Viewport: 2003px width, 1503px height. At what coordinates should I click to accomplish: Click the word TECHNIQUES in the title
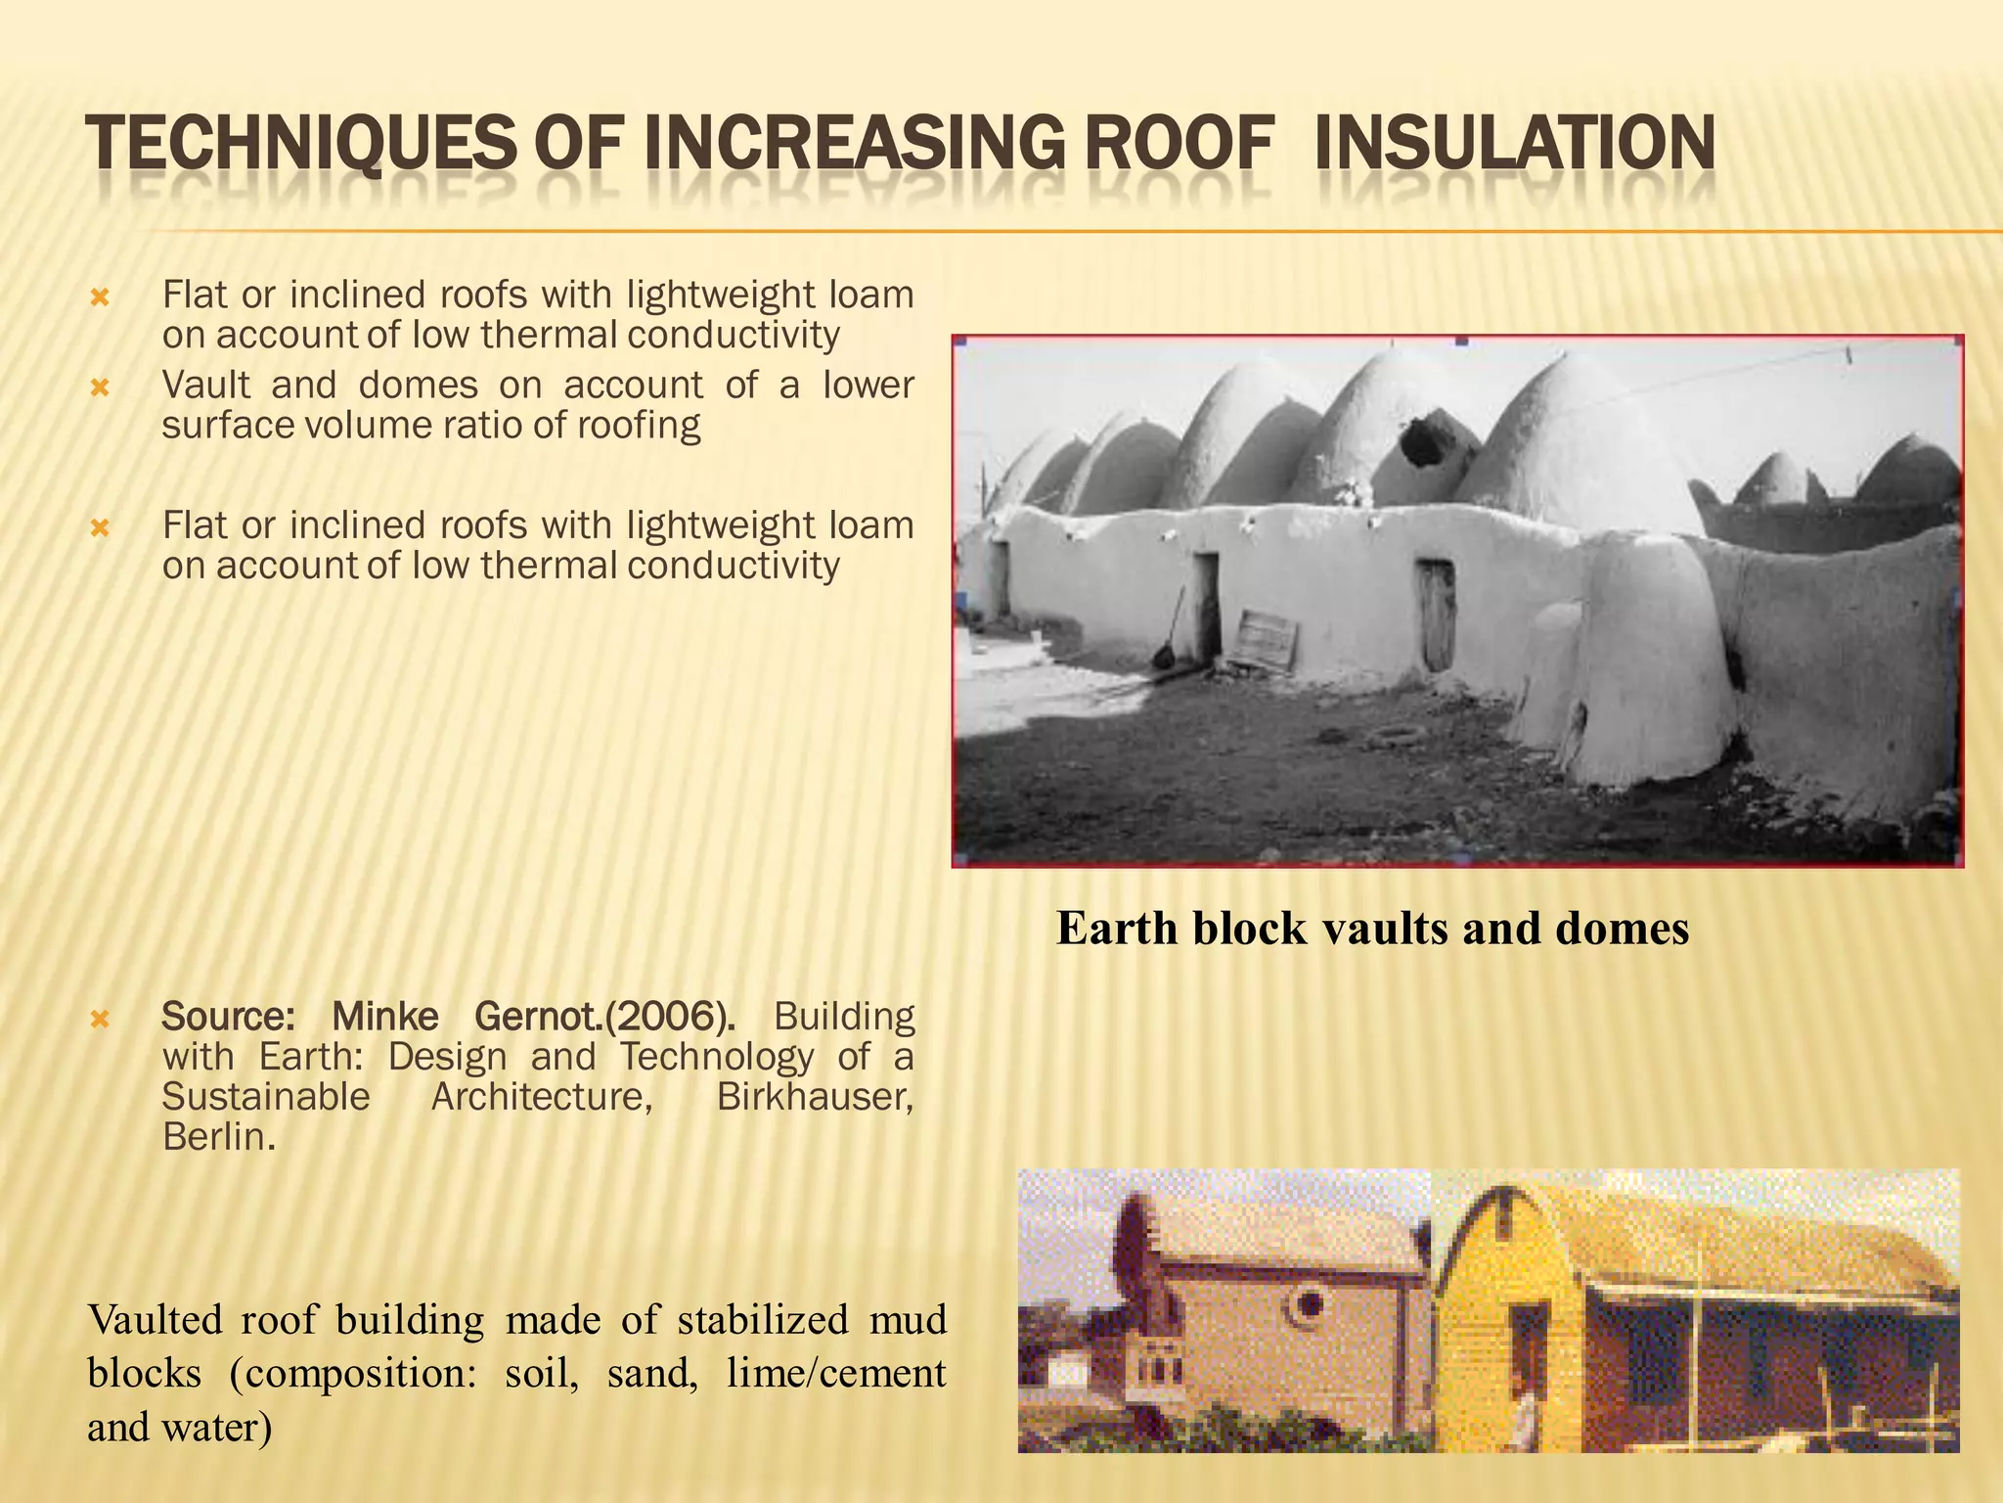coord(299,144)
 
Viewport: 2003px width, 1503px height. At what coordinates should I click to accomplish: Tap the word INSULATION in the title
coord(1514,144)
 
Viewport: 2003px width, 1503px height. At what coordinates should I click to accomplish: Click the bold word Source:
coord(227,1017)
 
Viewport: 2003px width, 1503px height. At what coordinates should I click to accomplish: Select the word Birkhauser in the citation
coord(815,1096)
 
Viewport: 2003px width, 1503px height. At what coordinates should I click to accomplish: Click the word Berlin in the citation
coord(214,1136)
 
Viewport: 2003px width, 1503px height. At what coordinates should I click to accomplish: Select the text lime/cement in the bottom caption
coord(836,1373)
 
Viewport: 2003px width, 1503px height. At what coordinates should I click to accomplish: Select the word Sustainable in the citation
coord(266,1096)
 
